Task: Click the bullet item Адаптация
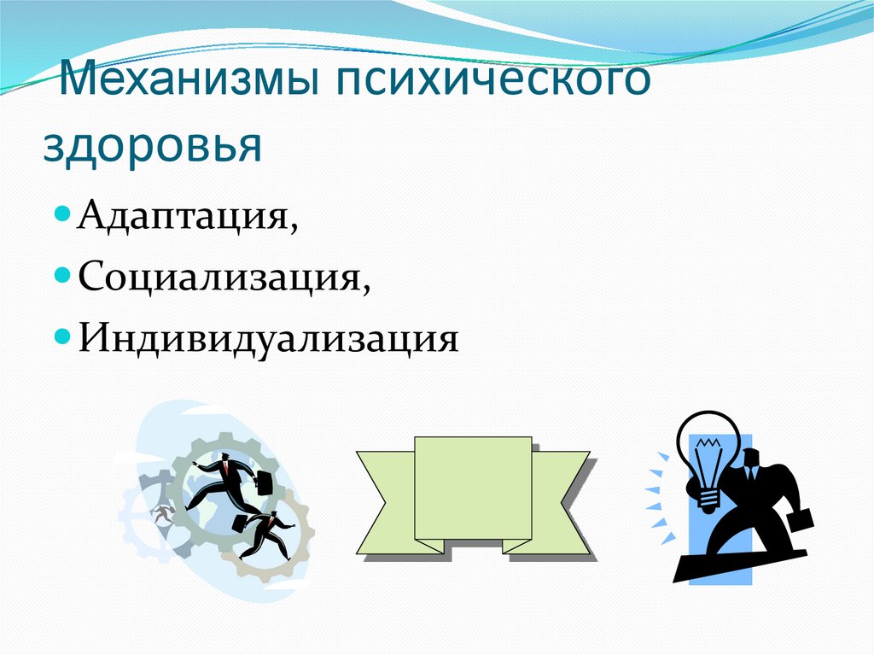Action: tap(187, 218)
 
